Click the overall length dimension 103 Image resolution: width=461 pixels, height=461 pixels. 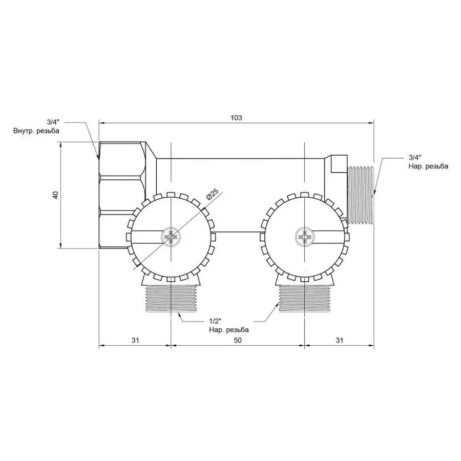236,118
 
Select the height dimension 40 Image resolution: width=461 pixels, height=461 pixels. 56,195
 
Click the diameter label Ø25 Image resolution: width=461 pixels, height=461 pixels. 212,195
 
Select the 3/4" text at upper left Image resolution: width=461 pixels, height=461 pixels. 53,122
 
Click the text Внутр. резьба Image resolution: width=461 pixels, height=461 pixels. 36,131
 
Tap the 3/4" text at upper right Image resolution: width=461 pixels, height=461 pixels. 415,157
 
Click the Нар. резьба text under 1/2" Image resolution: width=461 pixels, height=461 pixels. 229,330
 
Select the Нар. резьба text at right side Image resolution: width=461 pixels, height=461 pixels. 428,166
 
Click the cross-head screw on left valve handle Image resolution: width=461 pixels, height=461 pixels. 170,237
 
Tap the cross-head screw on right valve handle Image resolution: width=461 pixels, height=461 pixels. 304,237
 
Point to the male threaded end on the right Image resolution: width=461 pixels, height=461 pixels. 362,195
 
